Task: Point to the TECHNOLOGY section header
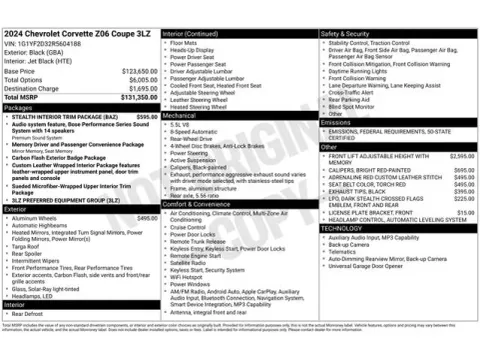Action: click(344, 228)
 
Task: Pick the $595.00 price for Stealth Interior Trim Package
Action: click(147, 116)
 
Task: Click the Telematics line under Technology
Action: click(346, 252)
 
